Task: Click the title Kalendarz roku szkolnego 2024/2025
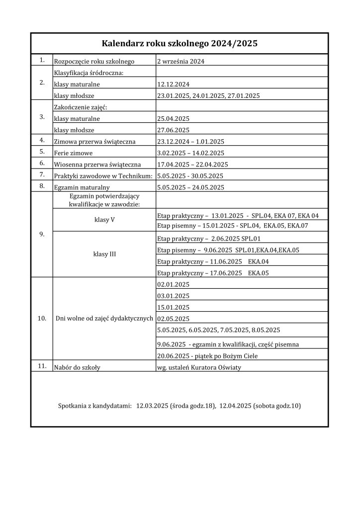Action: coord(180,44)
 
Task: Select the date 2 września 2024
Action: coord(181,62)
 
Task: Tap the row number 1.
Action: coord(42,60)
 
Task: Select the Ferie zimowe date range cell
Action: coord(190,153)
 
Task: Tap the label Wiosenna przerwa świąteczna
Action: coord(97,165)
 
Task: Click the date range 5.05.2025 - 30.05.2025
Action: coord(190,176)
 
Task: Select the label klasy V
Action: coord(104,220)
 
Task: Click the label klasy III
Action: coord(104,254)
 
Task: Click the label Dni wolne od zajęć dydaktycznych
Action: coord(104,318)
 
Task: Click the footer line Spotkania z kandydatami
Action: coord(180,406)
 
